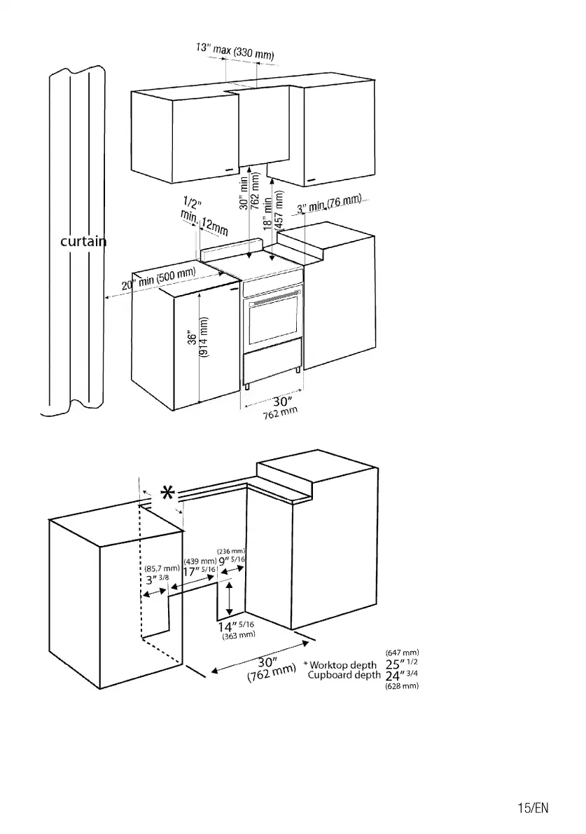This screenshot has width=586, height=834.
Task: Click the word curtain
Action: coord(83,242)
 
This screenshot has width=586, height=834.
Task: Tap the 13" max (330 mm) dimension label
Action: coord(234,51)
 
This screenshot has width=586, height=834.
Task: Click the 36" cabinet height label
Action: coord(192,337)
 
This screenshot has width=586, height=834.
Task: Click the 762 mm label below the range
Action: coord(280,413)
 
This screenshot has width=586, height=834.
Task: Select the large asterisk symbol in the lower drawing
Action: coord(168,494)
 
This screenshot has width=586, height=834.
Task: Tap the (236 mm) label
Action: coord(231,551)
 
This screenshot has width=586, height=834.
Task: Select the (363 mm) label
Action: coord(237,636)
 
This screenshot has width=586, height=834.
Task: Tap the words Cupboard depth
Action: coord(344,676)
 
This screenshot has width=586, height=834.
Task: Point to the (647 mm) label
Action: coord(402,653)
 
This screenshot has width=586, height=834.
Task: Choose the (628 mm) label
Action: coord(402,686)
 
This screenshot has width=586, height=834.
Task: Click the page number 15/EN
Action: coord(533,808)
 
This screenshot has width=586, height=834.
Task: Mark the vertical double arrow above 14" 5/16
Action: coord(229,599)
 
